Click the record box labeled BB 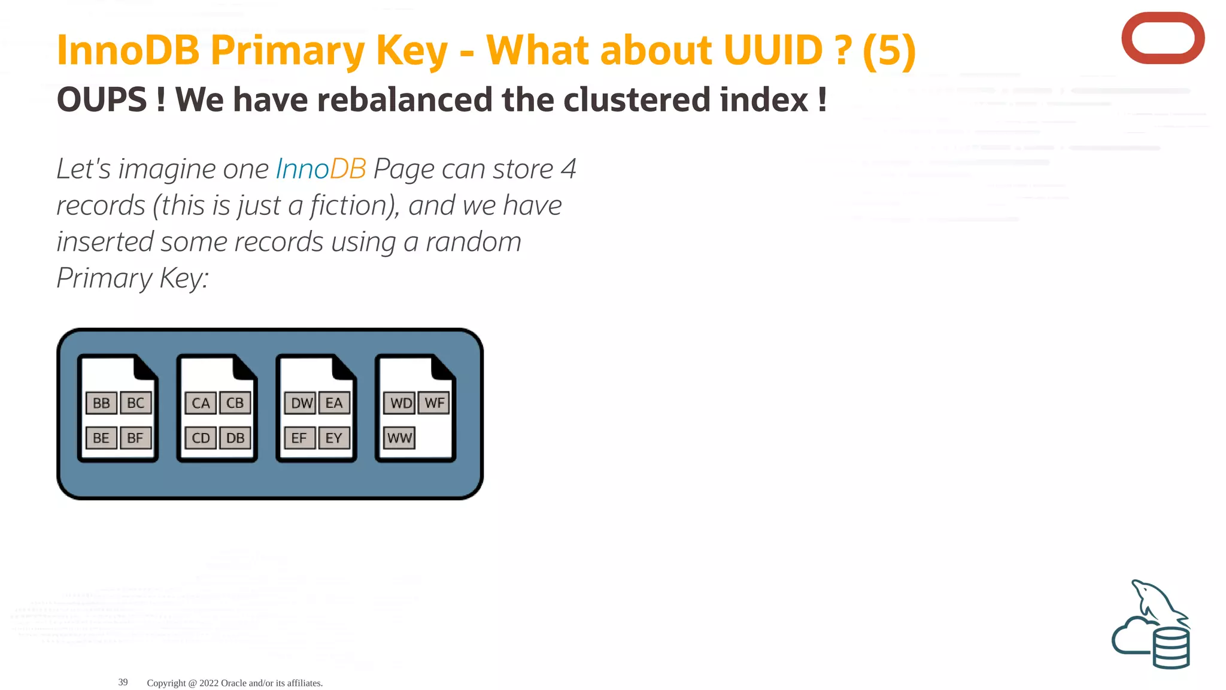point(101,403)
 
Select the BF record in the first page point(135,438)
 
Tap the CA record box point(201,403)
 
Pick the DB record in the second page point(235,438)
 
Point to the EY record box point(334,438)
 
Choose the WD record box point(400,403)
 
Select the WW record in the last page point(399,438)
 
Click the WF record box point(434,403)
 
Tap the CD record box point(201,438)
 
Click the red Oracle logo point(1163,38)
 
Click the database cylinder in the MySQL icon point(1171,648)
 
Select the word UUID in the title point(773,50)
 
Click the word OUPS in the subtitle point(102,99)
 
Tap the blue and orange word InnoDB point(321,169)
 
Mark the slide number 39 point(123,682)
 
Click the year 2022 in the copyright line point(209,683)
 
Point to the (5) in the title point(889,50)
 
